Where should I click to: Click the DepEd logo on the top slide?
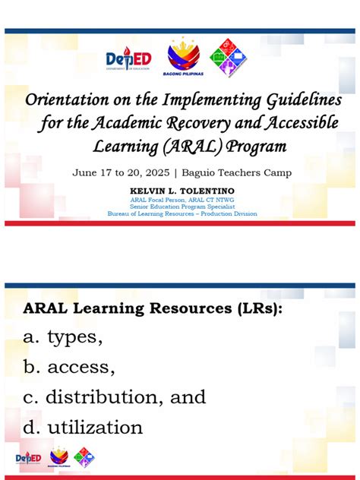pyautogui.click(x=128, y=59)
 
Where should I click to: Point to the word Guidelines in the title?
pyautogui.click(x=291, y=101)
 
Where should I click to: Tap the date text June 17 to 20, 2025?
pyautogui.click(x=121, y=172)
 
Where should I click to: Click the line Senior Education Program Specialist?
pyautogui.click(x=182, y=206)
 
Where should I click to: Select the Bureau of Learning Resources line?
pyautogui.click(x=182, y=213)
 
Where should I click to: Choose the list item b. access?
pyautogui.click(x=69, y=368)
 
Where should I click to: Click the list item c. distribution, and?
pyautogui.click(x=114, y=397)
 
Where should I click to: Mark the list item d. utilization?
pyautogui.click(x=83, y=428)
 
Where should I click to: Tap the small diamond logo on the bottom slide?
pyautogui.click(x=84, y=457)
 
